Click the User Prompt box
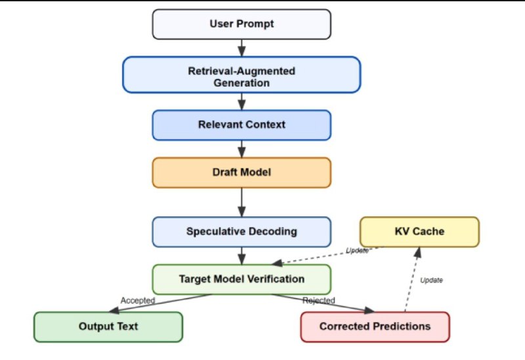pos(241,24)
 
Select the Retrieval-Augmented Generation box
pos(241,75)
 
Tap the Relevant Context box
pos(241,125)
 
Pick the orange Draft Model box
pos(241,172)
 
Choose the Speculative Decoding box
pos(241,231)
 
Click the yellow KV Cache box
pos(419,231)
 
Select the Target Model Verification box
pos(241,279)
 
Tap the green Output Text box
pos(108,326)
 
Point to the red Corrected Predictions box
pos(375,326)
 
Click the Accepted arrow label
pos(137,300)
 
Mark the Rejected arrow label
pos(319,300)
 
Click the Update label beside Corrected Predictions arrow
pos(431,280)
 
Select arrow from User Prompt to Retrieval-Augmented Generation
pos(241,47)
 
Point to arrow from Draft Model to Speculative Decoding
pos(241,202)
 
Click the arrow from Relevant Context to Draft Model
pos(241,148)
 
